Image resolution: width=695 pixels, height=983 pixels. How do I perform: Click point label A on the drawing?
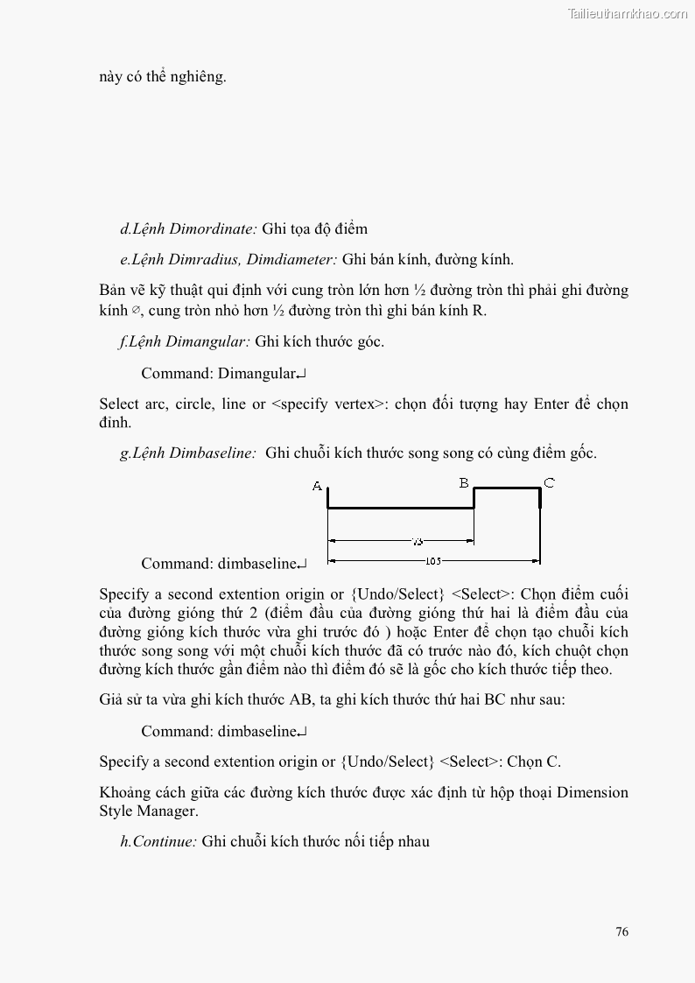pos(317,487)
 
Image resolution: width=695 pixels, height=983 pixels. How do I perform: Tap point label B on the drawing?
pos(464,482)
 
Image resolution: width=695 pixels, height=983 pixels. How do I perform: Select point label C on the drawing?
pos(549,482)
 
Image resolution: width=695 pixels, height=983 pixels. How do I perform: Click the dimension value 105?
pos(432,561)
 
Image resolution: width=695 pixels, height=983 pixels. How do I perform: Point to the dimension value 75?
pos(417,542)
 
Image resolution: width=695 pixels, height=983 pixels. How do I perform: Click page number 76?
pos(621,931)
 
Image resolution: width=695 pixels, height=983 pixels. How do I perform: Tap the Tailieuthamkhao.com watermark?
pos(628,13)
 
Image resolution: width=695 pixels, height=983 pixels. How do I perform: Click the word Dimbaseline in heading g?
pos(213,453)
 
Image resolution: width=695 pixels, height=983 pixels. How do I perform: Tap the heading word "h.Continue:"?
pos(158,842)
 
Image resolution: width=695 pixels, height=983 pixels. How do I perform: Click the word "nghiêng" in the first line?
pos(200,76)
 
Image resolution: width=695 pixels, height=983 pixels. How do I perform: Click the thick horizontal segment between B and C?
pos(507,488)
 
